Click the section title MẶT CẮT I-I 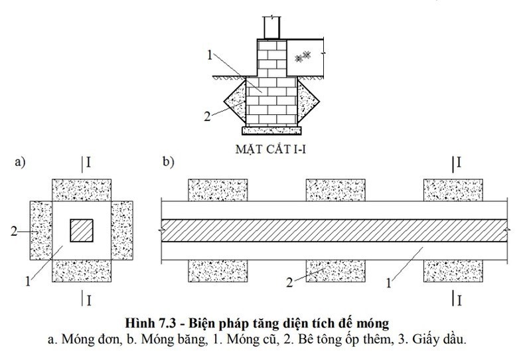[271, 149]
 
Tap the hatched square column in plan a [82, 230]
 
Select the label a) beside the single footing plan [20, 162]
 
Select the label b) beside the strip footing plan [169, 161]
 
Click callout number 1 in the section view [210, 55]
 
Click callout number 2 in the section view [207, 116]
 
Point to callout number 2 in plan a [14, 231]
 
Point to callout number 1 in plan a [28, 281]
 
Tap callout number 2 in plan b [289, 282]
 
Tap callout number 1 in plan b [388, 283]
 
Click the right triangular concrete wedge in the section [307, 100]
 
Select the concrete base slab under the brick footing [271, 130]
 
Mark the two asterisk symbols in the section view [303, 56]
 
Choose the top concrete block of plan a [81, 190]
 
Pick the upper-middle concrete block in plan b [336, 190]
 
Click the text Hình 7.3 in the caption [151, 323]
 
